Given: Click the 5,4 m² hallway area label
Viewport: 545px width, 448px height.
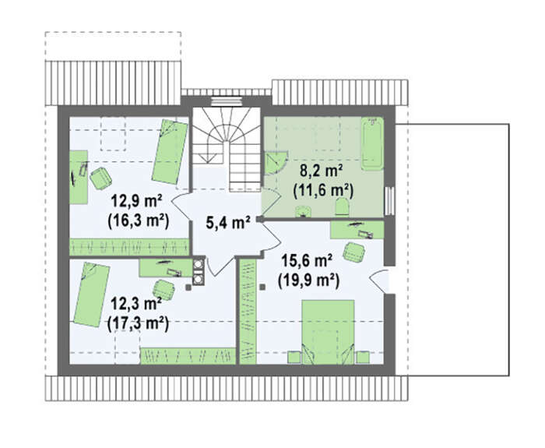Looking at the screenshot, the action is tap(228, 223).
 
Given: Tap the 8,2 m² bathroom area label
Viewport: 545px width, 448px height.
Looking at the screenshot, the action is tap(322, 171).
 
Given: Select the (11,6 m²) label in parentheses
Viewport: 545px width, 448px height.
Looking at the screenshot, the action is tap(323, 191).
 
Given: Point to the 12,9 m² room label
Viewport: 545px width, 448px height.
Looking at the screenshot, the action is tap(136, 202).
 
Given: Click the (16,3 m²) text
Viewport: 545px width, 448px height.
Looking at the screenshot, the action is tap(139, 220).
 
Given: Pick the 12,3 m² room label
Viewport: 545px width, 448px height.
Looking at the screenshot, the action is tap(136, 304).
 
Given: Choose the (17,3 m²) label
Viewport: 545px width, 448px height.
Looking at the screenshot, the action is tap(138, 323).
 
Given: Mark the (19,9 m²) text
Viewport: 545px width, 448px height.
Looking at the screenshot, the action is tap(308, 280).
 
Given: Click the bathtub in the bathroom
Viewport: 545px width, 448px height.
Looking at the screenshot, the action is tap(372, 143).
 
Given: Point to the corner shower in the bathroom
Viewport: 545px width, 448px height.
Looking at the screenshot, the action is tap(276, 162).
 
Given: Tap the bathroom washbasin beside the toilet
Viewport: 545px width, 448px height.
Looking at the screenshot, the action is tap(304, 211).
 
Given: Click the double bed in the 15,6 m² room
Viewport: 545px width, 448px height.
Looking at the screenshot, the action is tap(328, 332).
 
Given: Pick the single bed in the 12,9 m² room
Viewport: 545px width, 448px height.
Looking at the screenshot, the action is tap(170, 152).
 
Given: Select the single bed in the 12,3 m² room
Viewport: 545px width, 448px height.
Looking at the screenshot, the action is tap(92, 295).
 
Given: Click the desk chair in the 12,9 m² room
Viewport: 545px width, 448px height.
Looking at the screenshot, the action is tap(100, 178).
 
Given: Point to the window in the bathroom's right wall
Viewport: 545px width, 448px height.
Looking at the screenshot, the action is tap(389, 201).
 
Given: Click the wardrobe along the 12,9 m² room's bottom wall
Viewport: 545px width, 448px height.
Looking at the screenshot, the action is tap(129, 247).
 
